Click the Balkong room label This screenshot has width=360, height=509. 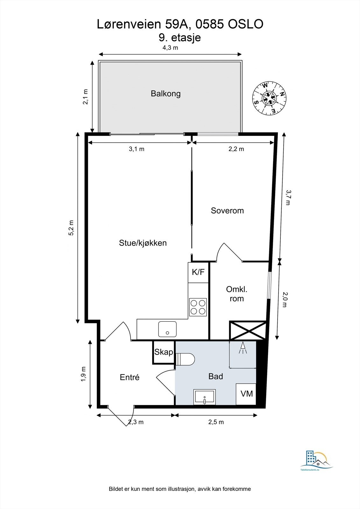pyautogui.click(x=166, y=94)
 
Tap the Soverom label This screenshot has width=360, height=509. pyautogui.click(x=227, y=211)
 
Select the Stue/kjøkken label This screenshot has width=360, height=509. pyautogui.click(x=143, y=243)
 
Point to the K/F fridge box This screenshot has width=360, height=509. pyautogui.click(x=198, y=272)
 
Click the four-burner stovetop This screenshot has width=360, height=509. pyautogui.click(x=198, y=307)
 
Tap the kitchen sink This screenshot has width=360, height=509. pyautogui.click(x=167, y=329)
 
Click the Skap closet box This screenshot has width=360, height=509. pyautogui.click(x=164, y=352)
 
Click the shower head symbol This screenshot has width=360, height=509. pyautogui.click(x=243, y=348)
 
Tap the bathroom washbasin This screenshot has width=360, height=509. pyautogui.click(x=204, y=397)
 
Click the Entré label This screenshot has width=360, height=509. pyautogui.click(x=130, y=377)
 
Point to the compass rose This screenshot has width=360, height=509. pyautogui.click(x=270, y=98)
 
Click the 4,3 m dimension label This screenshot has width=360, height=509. pyautogui.click(x=170, y=48)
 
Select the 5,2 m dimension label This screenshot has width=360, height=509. pyautogui.click(x=71, y=228)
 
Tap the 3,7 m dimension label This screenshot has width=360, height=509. pyautogui.click(x=288, y=198)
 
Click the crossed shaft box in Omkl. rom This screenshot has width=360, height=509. pyautogui.click(x=248, y=331)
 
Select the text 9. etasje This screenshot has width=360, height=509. pyautogui.click(x=180, y=38)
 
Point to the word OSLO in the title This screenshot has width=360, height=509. pyautogui.click(x=246, y=24)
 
